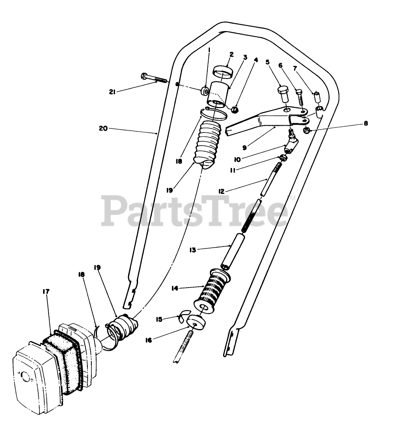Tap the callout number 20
pos(103,128)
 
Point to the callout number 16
pos(148,340)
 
